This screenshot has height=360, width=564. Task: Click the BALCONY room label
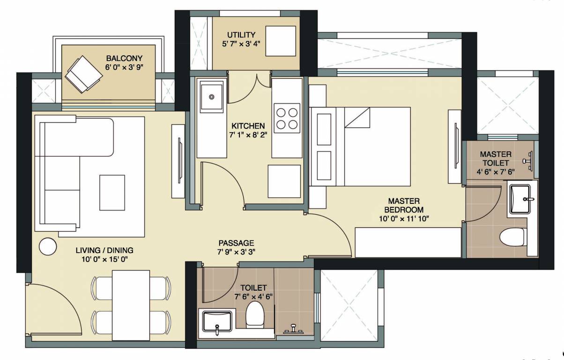coord(121,58)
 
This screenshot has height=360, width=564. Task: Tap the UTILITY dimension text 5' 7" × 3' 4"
coord(241,44)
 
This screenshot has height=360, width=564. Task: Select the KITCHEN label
coord(248,126)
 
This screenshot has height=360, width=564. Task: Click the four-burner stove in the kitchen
coord(287,118)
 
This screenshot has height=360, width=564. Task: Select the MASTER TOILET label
coord(496,158)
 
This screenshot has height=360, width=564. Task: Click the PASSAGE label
coord(236,243)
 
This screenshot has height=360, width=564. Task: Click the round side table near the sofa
coord(48,247)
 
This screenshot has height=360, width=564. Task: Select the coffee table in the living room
coord(112,192)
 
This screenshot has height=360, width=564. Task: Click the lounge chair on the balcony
coord(82,73)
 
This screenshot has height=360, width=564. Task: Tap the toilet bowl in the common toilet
coord(255,314)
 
